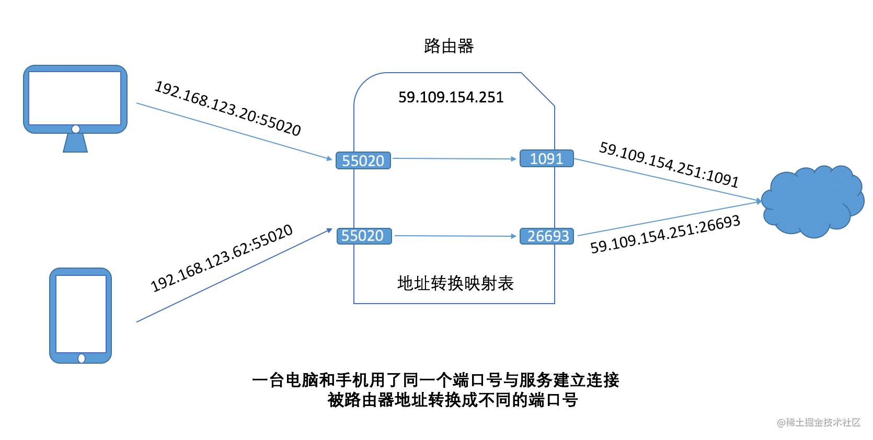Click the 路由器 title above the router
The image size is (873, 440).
coord(449,47)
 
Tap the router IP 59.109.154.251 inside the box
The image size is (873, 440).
coord(451,97)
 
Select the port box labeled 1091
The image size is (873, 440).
coord(546,158)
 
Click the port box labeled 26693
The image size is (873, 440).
coord(547,236)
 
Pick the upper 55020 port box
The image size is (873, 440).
coord(363,160)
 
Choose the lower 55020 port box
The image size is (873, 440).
coord(363,236)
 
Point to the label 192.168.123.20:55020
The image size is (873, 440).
coord(228,109)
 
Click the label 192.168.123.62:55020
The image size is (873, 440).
coord(222,258)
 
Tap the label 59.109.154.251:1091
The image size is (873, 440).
coord(669,164)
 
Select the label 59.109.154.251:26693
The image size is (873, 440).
coord(665,234)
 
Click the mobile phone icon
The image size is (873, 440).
coord(81,314)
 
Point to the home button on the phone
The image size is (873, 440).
coord(82,358)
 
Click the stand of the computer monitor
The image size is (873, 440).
coord(75,143)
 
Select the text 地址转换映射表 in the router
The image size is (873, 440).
coord(455,283)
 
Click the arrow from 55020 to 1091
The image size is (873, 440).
coord(454,158)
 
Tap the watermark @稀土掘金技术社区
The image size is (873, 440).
coord(819,422)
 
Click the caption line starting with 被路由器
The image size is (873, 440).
coord(453,400)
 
